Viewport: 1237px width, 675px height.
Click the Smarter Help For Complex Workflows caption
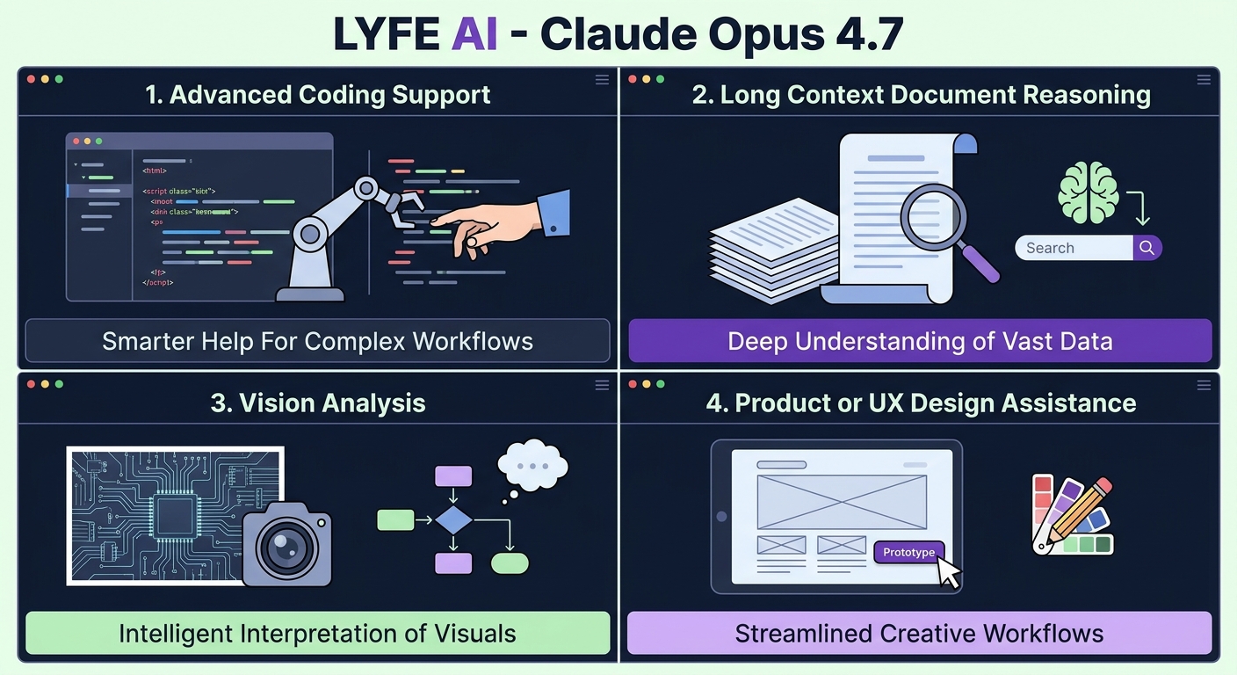(317, 341)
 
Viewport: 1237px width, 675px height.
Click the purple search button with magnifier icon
(1147, 248)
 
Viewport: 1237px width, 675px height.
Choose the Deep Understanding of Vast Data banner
(920, 342)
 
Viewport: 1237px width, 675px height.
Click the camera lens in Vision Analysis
(286, 547)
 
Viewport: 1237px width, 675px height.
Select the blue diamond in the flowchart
(453, 519)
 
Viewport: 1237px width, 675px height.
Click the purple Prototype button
(908, 552)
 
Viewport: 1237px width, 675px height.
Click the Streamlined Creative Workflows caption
(920, 633)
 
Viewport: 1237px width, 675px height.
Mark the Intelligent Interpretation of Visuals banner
(317, 633)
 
